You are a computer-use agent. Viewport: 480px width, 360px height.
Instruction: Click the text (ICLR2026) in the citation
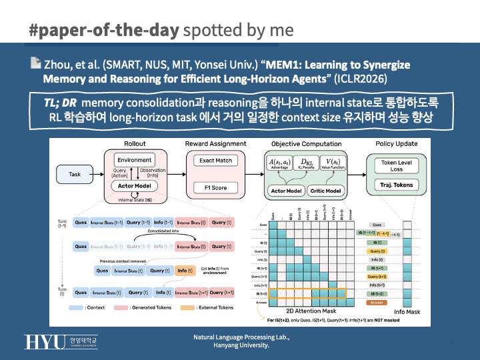pos(357,78)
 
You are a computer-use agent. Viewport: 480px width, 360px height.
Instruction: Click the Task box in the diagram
pos(75,174)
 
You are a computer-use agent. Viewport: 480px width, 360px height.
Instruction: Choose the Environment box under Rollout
pos(135,161)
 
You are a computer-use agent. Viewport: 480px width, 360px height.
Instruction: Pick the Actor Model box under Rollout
pos(135,186)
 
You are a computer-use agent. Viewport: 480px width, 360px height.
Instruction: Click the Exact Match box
pos(215,161)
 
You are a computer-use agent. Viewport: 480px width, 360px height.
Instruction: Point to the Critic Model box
pos(327,191)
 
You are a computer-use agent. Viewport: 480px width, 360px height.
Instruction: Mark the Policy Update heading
pos(397,143)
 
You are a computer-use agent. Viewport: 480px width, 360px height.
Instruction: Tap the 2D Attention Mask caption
pos(311,311)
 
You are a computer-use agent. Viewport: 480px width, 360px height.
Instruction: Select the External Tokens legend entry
pos(210,307)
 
